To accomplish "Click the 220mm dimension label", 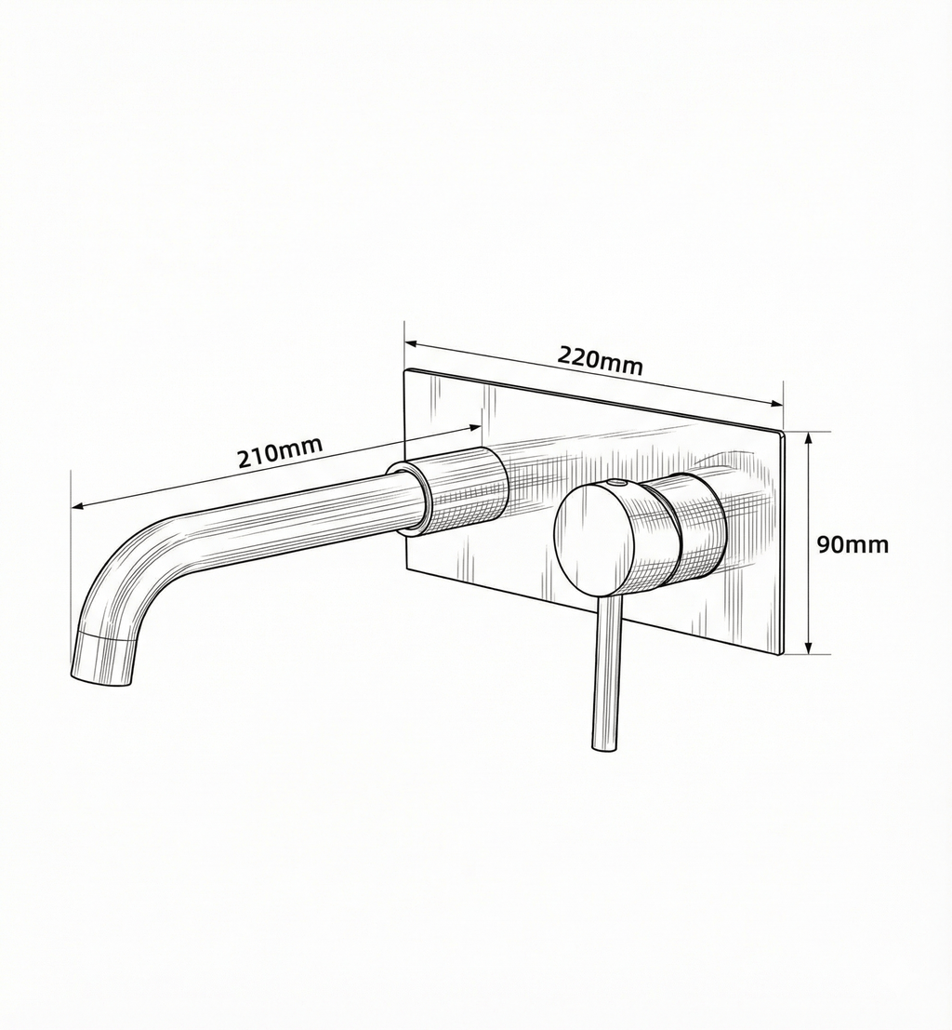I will (600, 359).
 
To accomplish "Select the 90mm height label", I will (853, 544).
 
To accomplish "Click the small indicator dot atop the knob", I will (615, 484).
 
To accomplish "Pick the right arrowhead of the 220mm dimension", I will (779, 403).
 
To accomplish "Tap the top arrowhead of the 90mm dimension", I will (810, 436).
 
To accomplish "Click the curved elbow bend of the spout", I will (126, 567).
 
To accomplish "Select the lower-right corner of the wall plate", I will (781, 654).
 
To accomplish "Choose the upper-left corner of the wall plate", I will (406, 371).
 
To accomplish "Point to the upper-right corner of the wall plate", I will (783, 433).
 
